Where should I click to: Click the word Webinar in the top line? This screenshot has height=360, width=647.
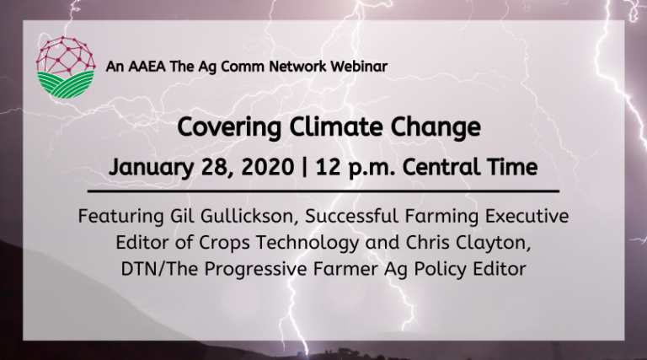coord(358,67)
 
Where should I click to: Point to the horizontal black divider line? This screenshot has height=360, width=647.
coord(323,191)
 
